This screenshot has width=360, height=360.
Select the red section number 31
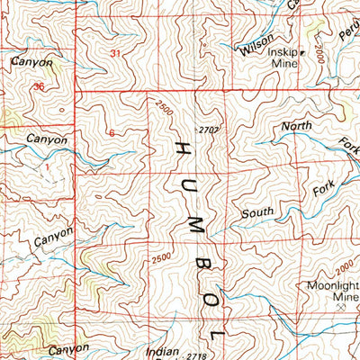(114, 54)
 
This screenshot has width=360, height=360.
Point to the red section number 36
(37, 86)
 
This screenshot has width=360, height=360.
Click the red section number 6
(111, 133)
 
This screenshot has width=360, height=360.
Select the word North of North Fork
(297, 126)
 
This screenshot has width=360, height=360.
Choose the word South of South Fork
(257, 213)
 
